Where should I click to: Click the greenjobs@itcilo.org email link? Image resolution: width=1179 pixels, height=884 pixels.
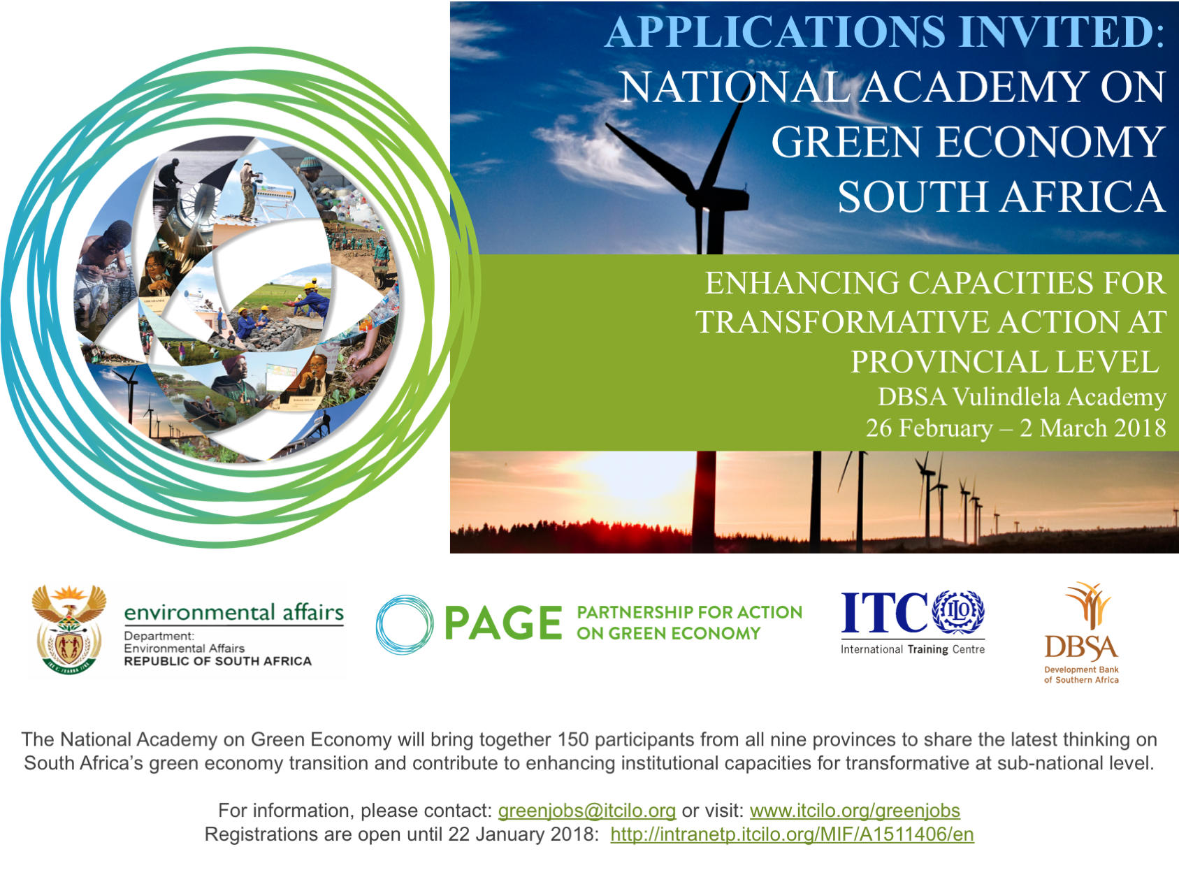587,811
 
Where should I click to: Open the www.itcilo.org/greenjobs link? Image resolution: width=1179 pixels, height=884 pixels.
855,811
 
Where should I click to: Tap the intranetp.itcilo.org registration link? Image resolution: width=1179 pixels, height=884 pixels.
792,834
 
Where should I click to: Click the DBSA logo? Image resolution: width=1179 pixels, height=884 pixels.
1081,632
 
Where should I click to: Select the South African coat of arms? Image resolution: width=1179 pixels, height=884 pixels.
68,630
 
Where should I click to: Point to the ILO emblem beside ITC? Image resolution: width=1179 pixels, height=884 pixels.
958,611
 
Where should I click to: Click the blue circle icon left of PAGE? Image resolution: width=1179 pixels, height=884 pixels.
405,624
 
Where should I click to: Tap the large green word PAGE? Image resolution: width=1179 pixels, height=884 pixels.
503,623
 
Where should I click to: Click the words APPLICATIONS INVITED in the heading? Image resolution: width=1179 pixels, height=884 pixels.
885,32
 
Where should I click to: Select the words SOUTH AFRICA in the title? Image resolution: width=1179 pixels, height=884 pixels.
1001,197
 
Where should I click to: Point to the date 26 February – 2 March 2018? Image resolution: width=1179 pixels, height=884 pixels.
1015,428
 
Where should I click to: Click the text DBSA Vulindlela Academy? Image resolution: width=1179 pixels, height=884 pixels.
1022,397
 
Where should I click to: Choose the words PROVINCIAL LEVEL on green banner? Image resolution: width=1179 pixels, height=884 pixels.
1004,362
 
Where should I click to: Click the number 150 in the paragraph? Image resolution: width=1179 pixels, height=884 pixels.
573,739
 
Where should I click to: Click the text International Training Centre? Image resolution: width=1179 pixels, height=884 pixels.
913,649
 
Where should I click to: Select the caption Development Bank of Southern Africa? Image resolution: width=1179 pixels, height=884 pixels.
1081,674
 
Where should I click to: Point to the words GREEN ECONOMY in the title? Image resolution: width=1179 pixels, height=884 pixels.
968,143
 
